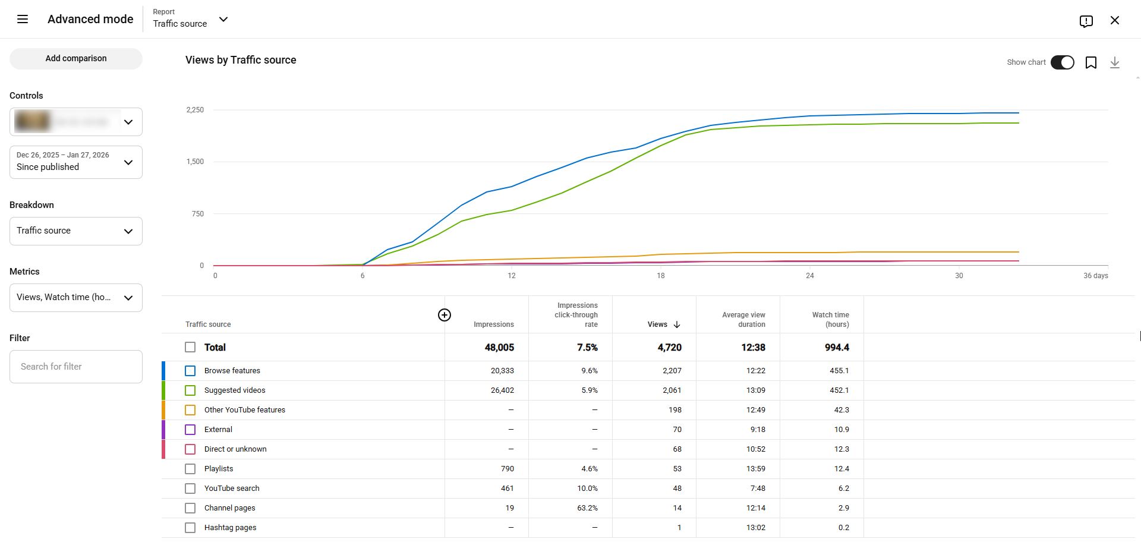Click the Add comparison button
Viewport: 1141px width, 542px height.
76,58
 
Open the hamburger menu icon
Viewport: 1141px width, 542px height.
23,19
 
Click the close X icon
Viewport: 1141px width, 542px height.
1114,20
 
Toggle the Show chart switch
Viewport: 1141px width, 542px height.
1062,62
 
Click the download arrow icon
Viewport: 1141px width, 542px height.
1114,62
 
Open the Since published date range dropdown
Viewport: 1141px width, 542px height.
76,162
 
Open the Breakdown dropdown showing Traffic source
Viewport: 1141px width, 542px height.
76,231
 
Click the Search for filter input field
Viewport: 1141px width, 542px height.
76,367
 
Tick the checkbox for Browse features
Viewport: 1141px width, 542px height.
190,371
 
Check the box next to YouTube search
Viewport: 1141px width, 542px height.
190,489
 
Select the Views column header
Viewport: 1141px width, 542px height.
658,324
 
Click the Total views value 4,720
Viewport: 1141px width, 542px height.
669,348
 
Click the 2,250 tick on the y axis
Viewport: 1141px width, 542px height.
195,110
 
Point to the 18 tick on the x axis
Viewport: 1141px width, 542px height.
660,276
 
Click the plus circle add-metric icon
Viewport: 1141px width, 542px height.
444,315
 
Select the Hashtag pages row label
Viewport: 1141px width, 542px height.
230,528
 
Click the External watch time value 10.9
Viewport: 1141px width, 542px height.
841,430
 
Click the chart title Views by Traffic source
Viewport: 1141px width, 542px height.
241,60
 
